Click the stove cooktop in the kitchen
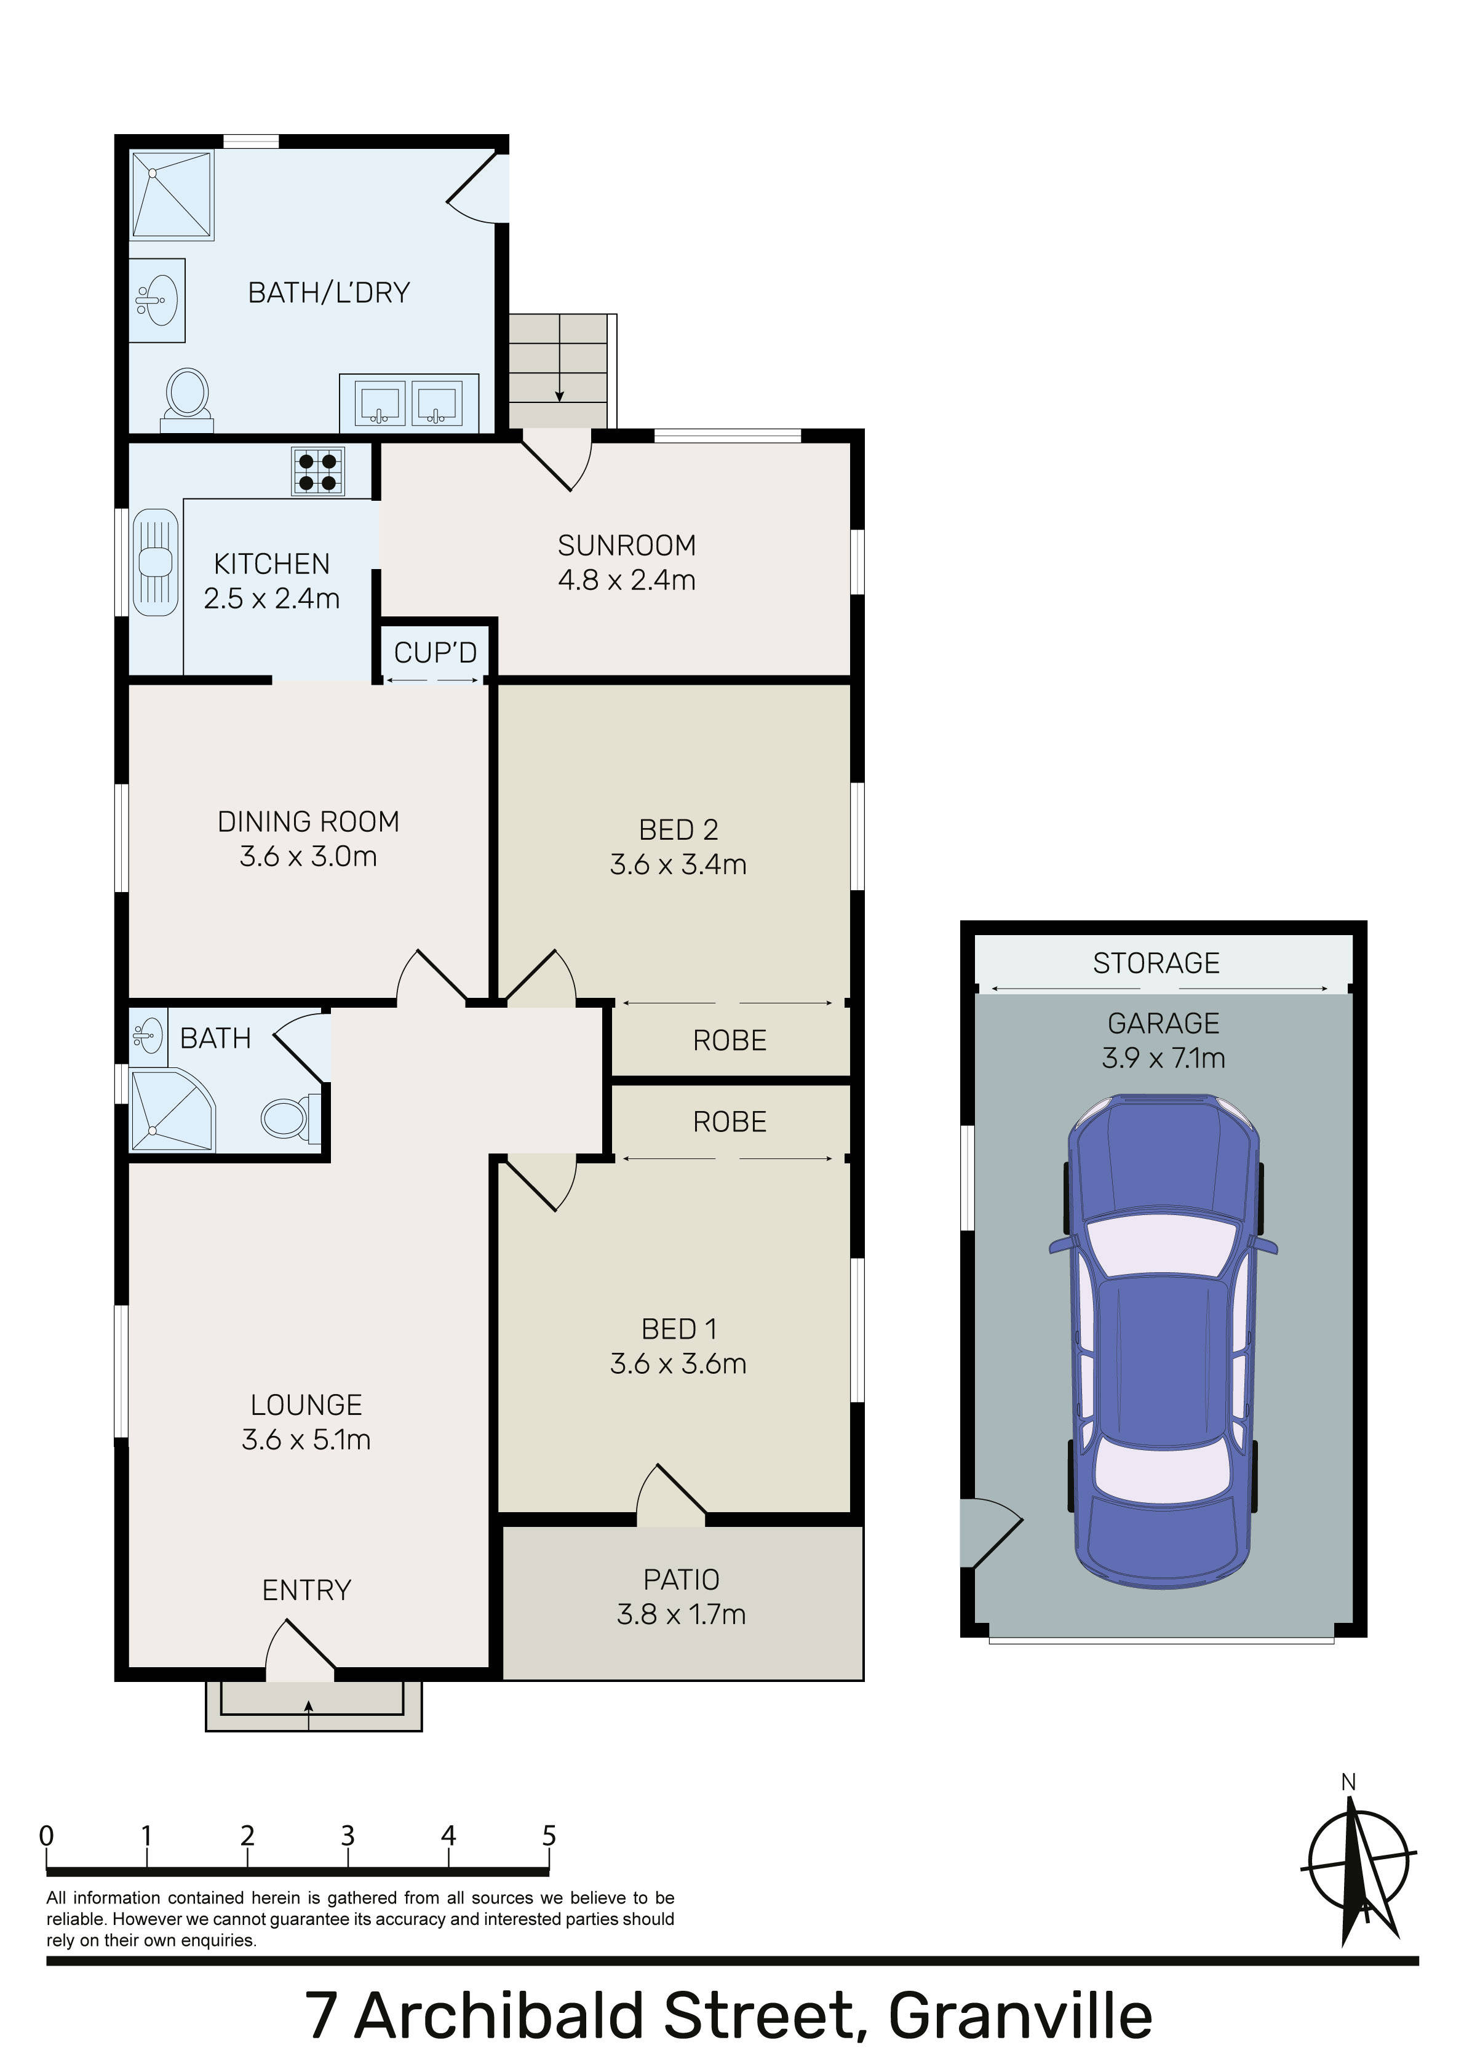tap(317, 471)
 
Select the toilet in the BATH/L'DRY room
tap(187, 398)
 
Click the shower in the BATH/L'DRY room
tap(172, 195)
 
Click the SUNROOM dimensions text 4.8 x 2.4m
tap(626, 580)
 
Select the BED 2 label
tap(678, 829)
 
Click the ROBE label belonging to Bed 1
tap(730, 1122)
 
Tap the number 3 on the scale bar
tap(348, 1836)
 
